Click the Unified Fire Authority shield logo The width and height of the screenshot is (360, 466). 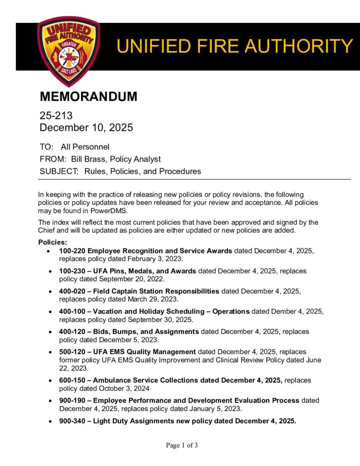tap(68, 51)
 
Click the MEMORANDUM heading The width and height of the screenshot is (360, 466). tap(88, 96)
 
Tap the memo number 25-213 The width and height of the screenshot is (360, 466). tap(56, 116)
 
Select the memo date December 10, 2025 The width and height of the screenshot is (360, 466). tap(86, 127)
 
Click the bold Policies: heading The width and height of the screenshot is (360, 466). tap(53, 242)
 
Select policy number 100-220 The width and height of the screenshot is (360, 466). tap(72, 251)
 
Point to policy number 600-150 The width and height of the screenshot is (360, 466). tap(72, 380)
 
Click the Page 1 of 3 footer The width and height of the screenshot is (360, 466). tap(182, 445)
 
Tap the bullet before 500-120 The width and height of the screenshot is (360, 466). tap(50, 352)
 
